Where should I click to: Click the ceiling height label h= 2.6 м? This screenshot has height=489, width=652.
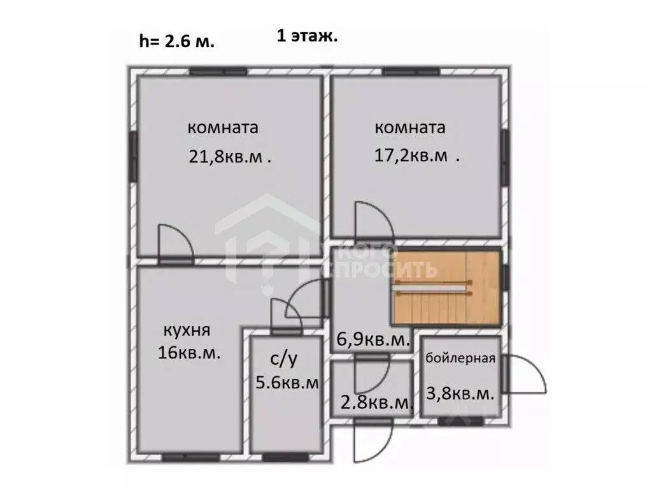pos(177,42)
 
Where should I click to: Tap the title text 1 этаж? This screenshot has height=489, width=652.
pos(307,36)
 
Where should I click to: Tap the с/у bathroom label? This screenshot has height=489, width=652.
pos(284,360)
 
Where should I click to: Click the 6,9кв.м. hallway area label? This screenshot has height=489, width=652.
pos(372,341)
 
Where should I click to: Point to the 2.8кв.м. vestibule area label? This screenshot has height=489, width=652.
pos(377,402)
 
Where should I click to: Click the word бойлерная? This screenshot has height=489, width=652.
pos(461,358)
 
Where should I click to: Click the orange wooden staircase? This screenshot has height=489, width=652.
pos(446,288)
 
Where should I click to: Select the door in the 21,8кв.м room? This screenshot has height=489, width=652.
pos(173,243)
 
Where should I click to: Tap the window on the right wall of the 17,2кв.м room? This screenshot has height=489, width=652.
pos(504,156)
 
